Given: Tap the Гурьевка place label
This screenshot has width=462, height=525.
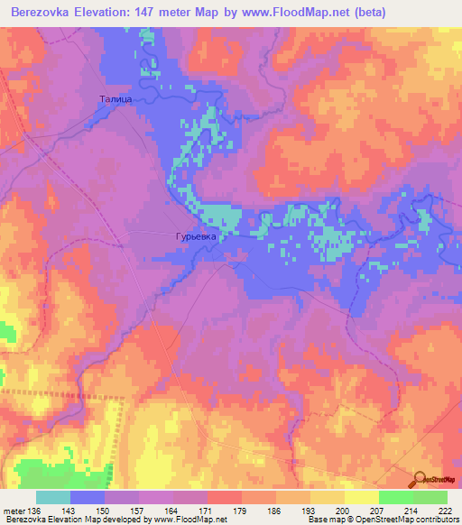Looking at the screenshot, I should click(192, 239).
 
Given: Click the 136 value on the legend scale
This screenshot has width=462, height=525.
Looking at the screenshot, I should click(34, 511).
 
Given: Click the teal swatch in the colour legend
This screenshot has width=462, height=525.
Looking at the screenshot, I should click(53, 497).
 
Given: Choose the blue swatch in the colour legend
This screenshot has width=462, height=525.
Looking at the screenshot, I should click(88, 497).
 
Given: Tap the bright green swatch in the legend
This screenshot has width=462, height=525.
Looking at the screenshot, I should click(395, 497).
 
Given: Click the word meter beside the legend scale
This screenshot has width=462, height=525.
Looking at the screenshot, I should click(13, 511).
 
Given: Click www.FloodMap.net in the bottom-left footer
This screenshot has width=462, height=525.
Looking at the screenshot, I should click(191, 520).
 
